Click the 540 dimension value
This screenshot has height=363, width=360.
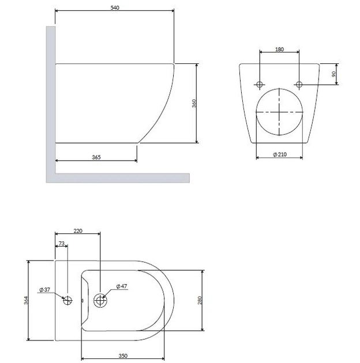click(115, 7)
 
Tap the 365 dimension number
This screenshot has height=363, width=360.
click(96, 157)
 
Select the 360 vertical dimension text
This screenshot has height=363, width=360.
click(194, 103)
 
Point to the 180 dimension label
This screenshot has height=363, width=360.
click(279, 50)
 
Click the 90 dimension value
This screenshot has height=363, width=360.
click(333, 74)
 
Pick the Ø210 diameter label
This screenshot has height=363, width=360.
click(280, 154)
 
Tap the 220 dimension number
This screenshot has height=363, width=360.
click(78, 231)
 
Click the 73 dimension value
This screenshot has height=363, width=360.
click(61, 244)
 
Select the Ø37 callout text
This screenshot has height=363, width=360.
click(44, 290)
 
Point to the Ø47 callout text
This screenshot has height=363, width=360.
click(122, 286)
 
